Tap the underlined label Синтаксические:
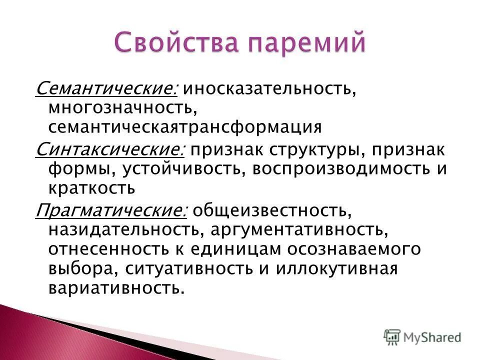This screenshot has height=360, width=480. tap(110, 149)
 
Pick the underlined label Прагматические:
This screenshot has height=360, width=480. tap(111, 210)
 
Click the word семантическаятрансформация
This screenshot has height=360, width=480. tap(184, 127)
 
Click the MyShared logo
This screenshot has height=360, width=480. tap(422, 337)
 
